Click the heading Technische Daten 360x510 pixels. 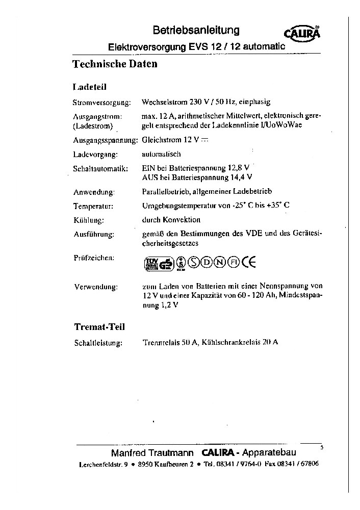(x=115, y=64)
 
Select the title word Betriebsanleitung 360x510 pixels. (x=196, y=31)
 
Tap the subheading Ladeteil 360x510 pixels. (x=90, y=87)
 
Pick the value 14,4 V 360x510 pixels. (x=242, y=177)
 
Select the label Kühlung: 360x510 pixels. (x=89, y=220)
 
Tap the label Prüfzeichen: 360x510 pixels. (x=94, y=258)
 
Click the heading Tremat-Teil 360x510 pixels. (x=99, y=326)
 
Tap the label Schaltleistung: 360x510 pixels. (x=98, y=343)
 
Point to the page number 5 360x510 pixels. (x=322, y=447)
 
